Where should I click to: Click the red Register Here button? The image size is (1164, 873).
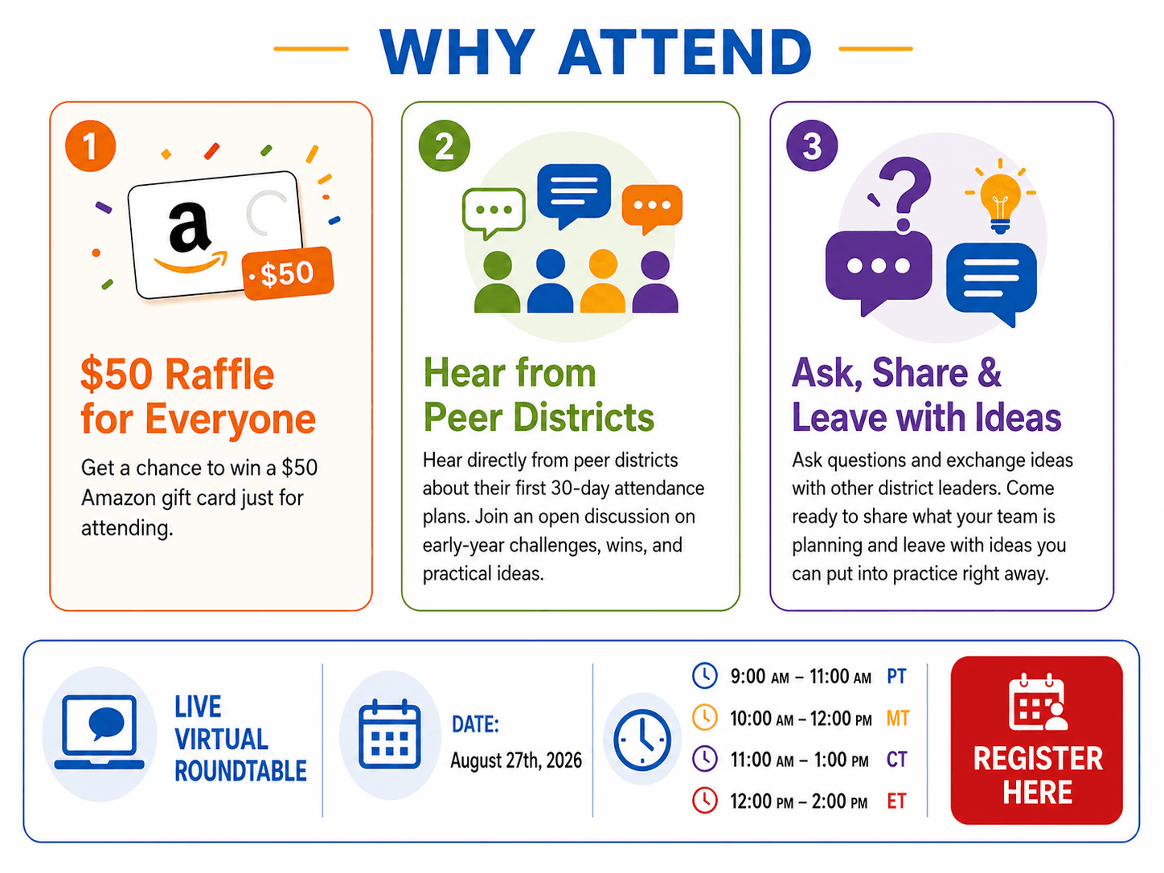1036,740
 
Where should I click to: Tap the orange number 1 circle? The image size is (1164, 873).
90,145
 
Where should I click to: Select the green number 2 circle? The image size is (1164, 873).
444,145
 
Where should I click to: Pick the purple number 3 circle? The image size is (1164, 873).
811,145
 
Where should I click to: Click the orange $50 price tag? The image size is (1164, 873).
288,273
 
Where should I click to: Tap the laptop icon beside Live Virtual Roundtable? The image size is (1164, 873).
99,732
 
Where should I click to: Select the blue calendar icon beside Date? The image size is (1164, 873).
390,734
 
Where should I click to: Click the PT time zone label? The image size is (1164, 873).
896,676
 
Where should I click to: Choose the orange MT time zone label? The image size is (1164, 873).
898,718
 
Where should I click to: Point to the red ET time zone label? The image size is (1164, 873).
896,801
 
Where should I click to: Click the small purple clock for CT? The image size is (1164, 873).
705,759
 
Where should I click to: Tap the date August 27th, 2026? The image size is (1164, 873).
516,761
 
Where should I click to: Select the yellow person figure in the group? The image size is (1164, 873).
603,281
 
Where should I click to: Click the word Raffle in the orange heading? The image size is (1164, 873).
219,375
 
